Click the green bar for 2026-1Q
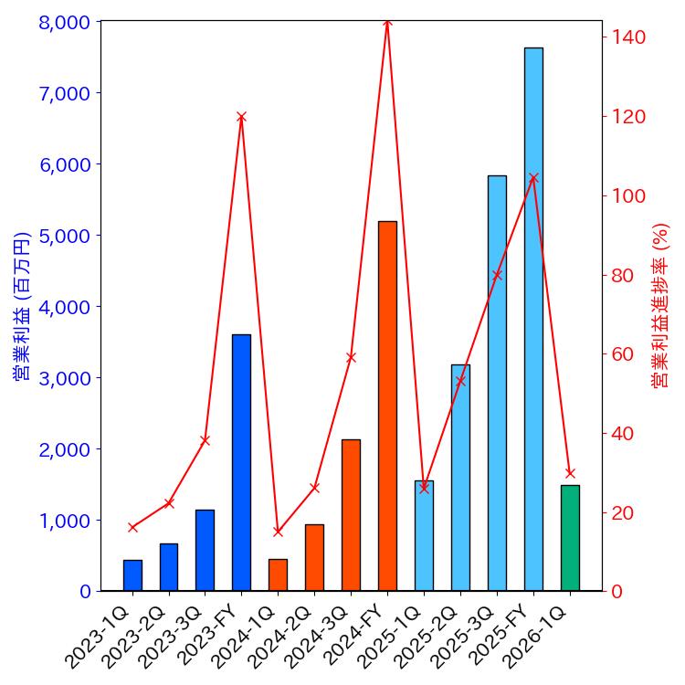(x=570, y=538)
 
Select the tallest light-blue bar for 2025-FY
(x=533, y=320)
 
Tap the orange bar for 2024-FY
(x=387, y=406)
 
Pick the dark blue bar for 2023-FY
(x=241, y=463)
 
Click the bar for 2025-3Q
(x=497, y=384)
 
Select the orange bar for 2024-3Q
(x=351, y=515)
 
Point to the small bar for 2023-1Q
(x=132, y=575)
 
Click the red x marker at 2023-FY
(x=241, y=117)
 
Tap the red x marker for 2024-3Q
(x=351, y=357)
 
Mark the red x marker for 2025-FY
(x=533, y=178)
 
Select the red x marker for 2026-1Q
(x=570, y=473)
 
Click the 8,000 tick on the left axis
(x=64, y=22)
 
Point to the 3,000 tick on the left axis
(x=64, y=378)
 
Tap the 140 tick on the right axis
(x=629, y=37)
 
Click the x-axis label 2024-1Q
(x=255, y=636)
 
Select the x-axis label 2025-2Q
(x=437, y=636)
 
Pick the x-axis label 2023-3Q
(x=182, y=636)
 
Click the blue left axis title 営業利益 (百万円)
(x=22, y=306)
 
